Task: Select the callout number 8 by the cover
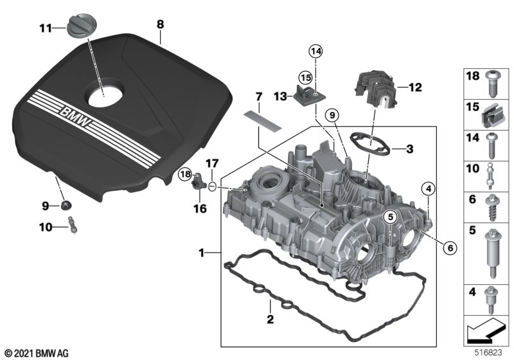tap(160, 24)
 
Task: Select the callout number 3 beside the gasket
tap(409, 148)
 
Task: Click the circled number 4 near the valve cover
tap(428, 188)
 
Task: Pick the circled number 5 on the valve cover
tap(389, 217)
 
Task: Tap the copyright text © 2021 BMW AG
tap(35, 353)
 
